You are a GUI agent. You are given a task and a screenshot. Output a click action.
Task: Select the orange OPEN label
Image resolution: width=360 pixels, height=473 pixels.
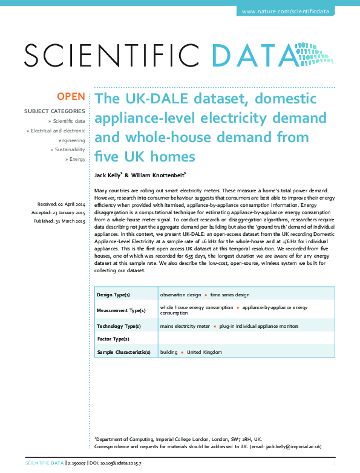click(71, 96)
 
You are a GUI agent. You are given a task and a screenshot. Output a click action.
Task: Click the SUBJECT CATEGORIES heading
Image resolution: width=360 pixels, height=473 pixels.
click(54, 111)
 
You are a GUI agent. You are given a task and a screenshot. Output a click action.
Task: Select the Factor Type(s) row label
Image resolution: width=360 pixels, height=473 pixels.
click(113, 339)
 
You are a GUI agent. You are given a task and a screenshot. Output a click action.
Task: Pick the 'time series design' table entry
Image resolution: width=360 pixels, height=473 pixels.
click(230, 295)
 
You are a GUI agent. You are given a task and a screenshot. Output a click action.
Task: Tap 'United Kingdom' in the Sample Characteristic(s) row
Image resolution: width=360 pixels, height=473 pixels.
click(205, 352)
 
